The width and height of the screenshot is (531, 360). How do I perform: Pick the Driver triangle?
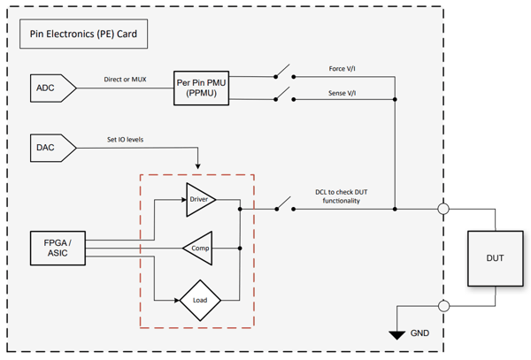(197, 201)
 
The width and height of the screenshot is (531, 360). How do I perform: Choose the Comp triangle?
(199, 250)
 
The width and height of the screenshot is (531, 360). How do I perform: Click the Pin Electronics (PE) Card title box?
(84, 36)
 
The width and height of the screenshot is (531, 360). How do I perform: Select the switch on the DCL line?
(282, 207)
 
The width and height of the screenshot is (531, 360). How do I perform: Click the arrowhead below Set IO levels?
(198, 165)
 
